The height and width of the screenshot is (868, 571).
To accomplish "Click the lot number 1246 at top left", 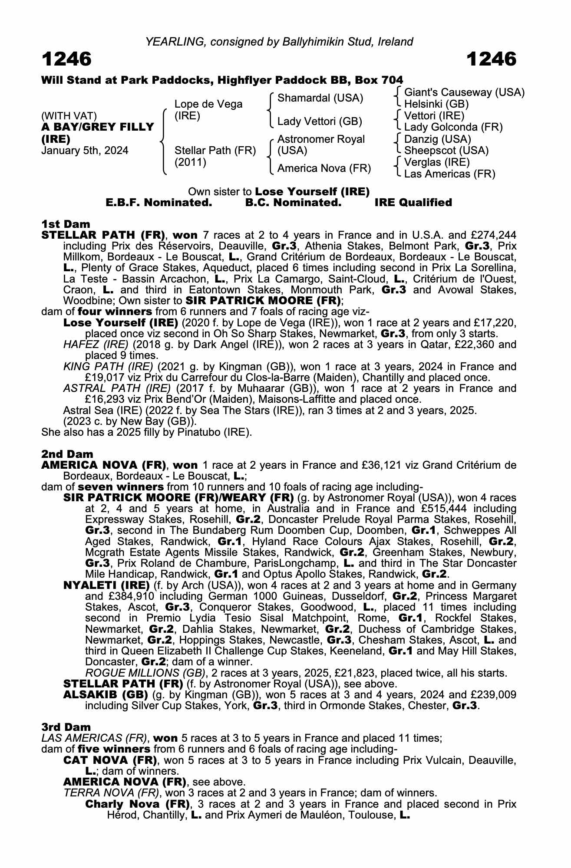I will tap(66, 59).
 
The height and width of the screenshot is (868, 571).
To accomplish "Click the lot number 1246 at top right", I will tap(492, 59).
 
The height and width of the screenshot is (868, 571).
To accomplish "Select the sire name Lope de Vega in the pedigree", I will tap(208, 105).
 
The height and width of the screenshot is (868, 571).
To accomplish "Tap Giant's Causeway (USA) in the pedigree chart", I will tap(464, 92).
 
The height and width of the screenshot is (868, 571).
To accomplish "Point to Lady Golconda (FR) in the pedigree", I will tap(453, 128).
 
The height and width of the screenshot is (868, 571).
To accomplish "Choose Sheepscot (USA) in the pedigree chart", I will tap(446, 151).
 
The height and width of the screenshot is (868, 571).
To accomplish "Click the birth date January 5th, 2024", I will tap(85, 151).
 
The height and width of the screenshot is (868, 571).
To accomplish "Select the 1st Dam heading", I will tap(66, 224).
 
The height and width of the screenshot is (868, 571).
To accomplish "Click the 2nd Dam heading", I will tap(67, 454).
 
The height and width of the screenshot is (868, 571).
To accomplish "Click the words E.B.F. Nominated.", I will tap(159, 203).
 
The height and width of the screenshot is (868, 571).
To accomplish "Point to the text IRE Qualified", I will tap(413, 203).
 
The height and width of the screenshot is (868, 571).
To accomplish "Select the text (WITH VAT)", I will tap(69, 116).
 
